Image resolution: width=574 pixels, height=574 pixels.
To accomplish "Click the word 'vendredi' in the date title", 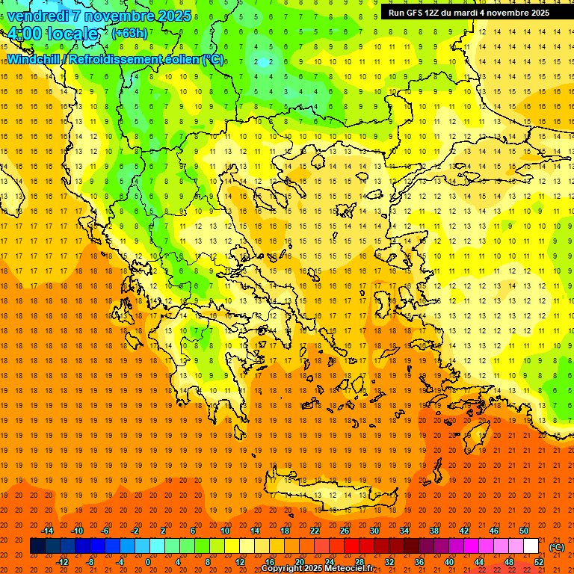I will (x=37, y=15).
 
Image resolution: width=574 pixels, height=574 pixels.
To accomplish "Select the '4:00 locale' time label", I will (x=52, y=34).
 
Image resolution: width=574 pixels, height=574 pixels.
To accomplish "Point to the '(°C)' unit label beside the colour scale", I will (x=557, y=547).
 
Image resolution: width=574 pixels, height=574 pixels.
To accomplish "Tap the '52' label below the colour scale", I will (x=539, y=562).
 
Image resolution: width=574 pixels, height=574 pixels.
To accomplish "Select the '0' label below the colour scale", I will (x=148, y=562).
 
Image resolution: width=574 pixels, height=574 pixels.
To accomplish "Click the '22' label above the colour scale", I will (x=315, y=531).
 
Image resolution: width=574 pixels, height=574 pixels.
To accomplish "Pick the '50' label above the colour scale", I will (x=523, y=531).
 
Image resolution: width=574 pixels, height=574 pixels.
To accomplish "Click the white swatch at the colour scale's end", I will (x=531, y=546).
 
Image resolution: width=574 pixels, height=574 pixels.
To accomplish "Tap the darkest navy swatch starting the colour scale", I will (x=37, y=546).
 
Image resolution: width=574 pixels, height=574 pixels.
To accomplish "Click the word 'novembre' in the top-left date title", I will (x=117, y=15).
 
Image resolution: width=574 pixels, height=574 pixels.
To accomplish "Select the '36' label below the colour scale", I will (x=419, y=562).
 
